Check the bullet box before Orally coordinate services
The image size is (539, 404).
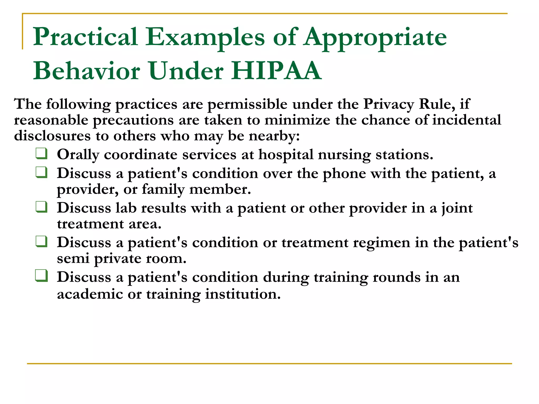(42, 154)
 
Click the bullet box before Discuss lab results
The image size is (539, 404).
(42, 207)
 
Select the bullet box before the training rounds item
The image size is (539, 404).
(42, 276)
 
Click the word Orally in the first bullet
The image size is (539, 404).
(78, 155)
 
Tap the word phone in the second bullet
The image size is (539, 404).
(344, 174)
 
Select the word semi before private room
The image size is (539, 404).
(73, 259)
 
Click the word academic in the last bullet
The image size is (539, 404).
(90, 294)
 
